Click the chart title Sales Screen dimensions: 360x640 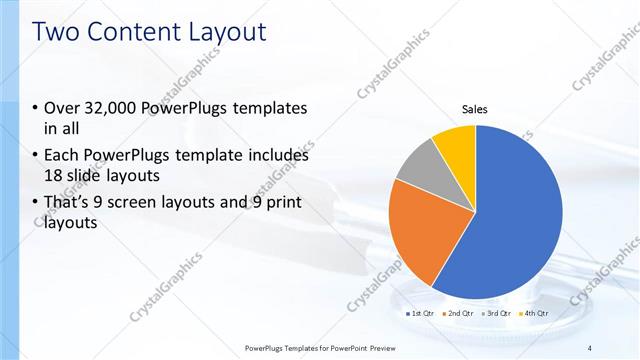[475, 110]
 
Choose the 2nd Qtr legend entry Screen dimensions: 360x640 [457, 313]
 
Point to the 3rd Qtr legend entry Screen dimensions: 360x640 [497, 313]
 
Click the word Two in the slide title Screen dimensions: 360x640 [58, 32]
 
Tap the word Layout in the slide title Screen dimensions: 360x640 [225, 32]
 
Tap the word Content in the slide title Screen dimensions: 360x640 [135, 32]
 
